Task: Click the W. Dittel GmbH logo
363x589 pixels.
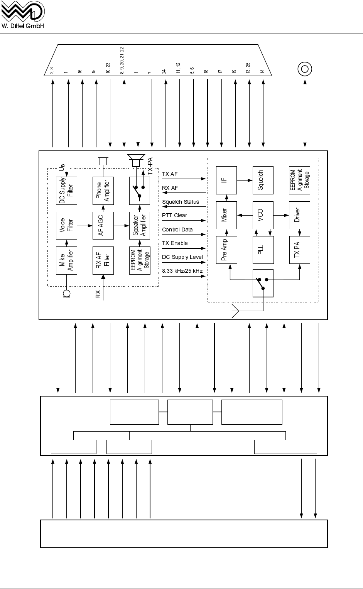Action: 23,15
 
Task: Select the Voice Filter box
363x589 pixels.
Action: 66,226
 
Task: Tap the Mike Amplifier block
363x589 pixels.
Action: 66,260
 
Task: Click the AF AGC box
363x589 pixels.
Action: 103,226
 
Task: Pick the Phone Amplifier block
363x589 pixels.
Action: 103,191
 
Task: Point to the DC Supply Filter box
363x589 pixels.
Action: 66,191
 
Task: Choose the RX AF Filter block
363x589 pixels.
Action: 103,260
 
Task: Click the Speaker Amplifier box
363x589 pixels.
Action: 139,226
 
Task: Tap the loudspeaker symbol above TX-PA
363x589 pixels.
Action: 135,160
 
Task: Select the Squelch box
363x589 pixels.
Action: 263,180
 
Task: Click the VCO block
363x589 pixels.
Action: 263,215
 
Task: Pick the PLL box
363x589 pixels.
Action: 263,250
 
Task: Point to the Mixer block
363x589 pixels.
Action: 226,215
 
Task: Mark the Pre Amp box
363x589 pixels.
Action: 226,250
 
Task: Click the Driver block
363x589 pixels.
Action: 300,215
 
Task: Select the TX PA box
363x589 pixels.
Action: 300,250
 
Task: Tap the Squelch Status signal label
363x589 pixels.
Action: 181,202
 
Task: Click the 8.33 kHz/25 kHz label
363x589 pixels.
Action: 182,271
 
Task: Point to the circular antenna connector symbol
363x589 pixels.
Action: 305,69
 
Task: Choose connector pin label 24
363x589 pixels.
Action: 164,71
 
